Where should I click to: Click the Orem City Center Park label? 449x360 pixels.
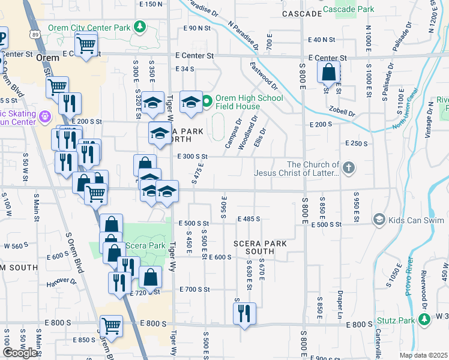point(98,28)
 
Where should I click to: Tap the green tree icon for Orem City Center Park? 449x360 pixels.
point(140,27)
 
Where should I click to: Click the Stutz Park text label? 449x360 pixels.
point(396,320)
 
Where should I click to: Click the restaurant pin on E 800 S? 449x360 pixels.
point(244,313)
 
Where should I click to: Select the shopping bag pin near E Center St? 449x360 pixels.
point(329,73)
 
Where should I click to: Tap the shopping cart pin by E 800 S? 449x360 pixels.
point(111,326)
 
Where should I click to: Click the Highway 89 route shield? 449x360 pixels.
point(36,35)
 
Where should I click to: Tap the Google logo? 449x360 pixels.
point(21,353)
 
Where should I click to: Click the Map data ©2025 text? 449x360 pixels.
point(423,355)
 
